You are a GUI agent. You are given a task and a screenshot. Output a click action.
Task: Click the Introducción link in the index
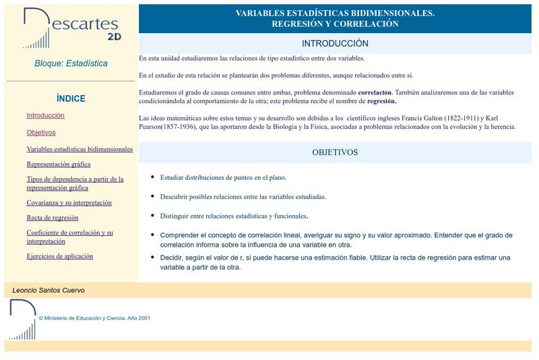(45, 115)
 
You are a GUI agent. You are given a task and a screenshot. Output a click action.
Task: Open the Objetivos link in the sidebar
(41, 132)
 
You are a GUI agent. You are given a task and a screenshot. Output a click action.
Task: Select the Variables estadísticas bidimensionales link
(80, 149)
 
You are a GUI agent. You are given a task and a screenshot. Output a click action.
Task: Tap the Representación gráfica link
(59, 164)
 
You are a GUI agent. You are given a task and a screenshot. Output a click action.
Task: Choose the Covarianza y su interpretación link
(69, 202)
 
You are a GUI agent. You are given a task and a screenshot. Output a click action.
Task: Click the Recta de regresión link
(53, 218)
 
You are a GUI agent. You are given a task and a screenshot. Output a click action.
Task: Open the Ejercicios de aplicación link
(60, 256)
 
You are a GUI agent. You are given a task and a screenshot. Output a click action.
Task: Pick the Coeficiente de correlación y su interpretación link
(69, 237)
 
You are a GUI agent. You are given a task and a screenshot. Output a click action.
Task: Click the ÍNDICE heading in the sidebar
(71, 98)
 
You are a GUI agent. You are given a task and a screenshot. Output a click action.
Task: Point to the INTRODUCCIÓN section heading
(335, 43)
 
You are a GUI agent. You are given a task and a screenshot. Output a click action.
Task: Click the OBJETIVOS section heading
(335, 152)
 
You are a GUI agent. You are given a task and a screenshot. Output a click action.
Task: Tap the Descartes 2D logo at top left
(70, 28)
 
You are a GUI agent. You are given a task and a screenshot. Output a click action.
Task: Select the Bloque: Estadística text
(71, 63)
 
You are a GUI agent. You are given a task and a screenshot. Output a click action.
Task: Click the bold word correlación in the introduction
(375, 92)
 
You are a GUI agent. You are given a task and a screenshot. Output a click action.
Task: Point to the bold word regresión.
(381, 101)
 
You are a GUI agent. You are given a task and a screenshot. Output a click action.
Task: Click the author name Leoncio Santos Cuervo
(49, 290)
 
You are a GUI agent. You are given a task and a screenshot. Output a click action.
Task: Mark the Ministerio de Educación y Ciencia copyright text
(94, 318)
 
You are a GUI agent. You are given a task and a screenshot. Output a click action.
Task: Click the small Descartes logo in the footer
(22, 320)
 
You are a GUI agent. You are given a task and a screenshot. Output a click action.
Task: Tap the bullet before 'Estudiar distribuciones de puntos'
(153, 177)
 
